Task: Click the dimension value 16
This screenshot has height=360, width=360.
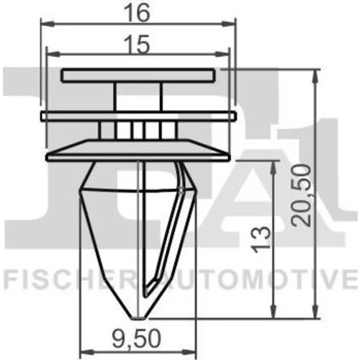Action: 138,13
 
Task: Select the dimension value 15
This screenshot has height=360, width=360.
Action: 138,45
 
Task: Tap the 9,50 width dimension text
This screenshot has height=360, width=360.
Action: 136,338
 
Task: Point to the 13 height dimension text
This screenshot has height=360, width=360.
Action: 262,239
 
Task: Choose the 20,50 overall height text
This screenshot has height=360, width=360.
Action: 301,195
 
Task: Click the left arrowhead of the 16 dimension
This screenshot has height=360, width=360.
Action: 47,24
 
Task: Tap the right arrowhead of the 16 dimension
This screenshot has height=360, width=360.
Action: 229,24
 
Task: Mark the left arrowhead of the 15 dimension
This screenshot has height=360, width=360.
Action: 53,55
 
